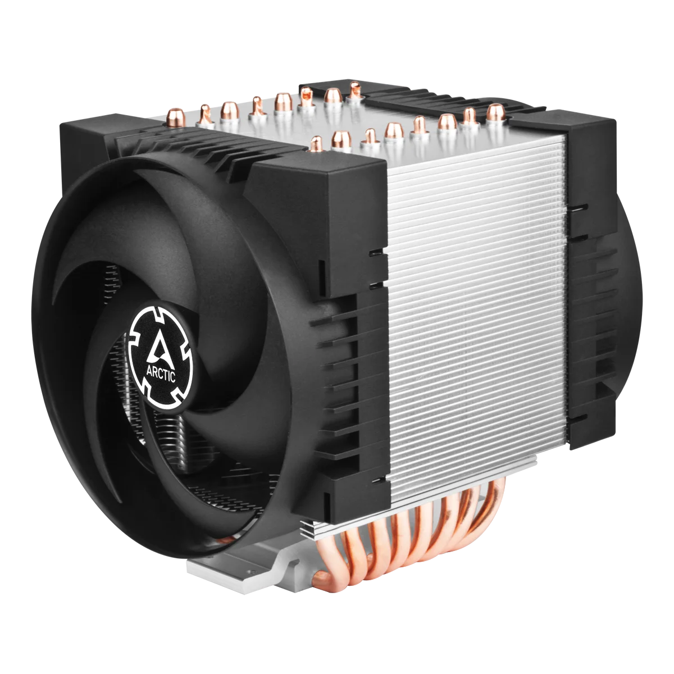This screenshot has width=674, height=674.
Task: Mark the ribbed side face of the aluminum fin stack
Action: tap(477, 315)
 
